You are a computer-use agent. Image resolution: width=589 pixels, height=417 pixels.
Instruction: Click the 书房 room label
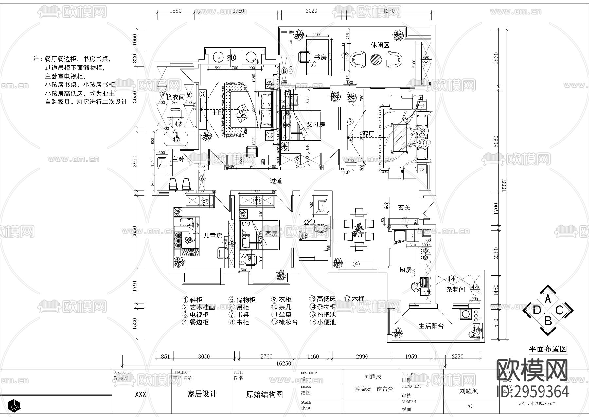(x=320, y=57)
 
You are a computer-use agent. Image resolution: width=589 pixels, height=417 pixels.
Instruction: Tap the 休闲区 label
(x=380, y=45)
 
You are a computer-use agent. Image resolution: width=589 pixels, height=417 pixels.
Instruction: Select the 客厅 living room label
(x=368, y=134)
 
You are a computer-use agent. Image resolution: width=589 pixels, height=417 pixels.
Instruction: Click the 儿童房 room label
(x=213, y=236)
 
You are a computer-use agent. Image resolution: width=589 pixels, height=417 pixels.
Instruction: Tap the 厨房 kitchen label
(x=406, y=270)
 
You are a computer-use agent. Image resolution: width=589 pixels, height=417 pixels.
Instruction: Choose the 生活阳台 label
(x=431, y=326)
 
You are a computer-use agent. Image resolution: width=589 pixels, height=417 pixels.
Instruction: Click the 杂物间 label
(x=455, y=289)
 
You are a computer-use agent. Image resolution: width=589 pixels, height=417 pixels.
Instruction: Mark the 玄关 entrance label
(x=404, y=207)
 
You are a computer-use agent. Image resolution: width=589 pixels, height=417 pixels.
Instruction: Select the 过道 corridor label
(x=276, y=181)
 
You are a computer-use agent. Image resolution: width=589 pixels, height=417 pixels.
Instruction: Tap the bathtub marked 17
(x=176, y=139)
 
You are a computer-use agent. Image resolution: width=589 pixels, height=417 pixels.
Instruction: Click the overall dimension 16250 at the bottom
(x=284, y=363)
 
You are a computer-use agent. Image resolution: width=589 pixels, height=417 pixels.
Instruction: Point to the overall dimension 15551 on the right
(x=504, y=185)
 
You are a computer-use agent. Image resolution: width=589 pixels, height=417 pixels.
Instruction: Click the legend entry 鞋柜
(x=196, y=300)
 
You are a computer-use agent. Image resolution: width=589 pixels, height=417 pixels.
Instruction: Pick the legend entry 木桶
(x=358, y=299)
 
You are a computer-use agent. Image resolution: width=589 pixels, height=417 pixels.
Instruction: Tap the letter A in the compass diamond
(x=548, y=299)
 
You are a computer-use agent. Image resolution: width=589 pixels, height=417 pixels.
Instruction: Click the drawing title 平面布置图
(x=548, y=349)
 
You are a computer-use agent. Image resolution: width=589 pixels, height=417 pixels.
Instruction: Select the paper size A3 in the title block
(x=470, y=406)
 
